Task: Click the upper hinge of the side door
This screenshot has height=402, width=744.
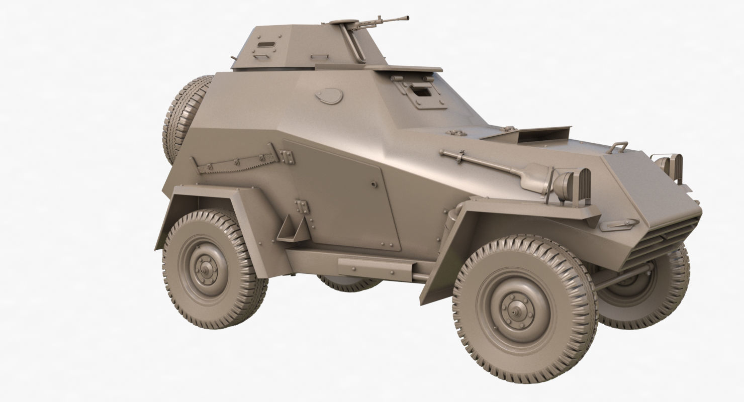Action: [x=288, y=157]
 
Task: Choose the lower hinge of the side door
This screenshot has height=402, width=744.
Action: [x=302, y=208]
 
